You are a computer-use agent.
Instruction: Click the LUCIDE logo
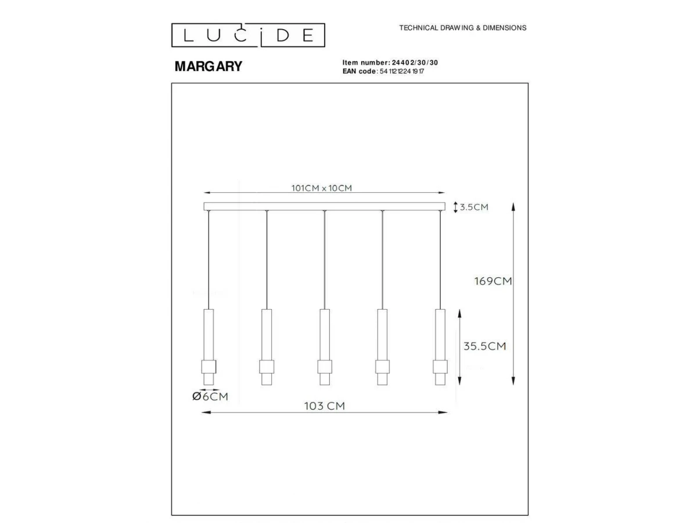248,35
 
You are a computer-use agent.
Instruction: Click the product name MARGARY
209,66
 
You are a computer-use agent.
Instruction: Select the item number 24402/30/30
415,63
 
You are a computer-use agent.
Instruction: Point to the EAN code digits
402,71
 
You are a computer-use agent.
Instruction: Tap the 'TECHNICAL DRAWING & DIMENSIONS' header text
463,28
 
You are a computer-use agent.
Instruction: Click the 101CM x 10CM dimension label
322,188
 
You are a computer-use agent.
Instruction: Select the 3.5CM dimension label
474,207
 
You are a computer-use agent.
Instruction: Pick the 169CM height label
493,281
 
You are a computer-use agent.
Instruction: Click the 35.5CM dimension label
484,346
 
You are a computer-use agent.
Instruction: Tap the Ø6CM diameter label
210,396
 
